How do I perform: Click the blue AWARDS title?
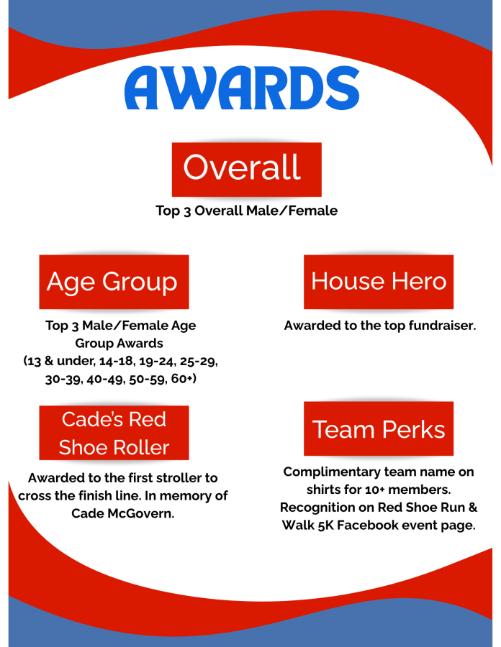point(242,88)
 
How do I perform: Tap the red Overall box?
point(247,170)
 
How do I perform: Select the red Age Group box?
point(114,282)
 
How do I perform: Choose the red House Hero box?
point(379,282)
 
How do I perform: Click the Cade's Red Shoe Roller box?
point(114,433)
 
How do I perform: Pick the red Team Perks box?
point(379,428)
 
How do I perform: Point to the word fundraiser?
point(443,326)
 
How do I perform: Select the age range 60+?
point(184,379)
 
